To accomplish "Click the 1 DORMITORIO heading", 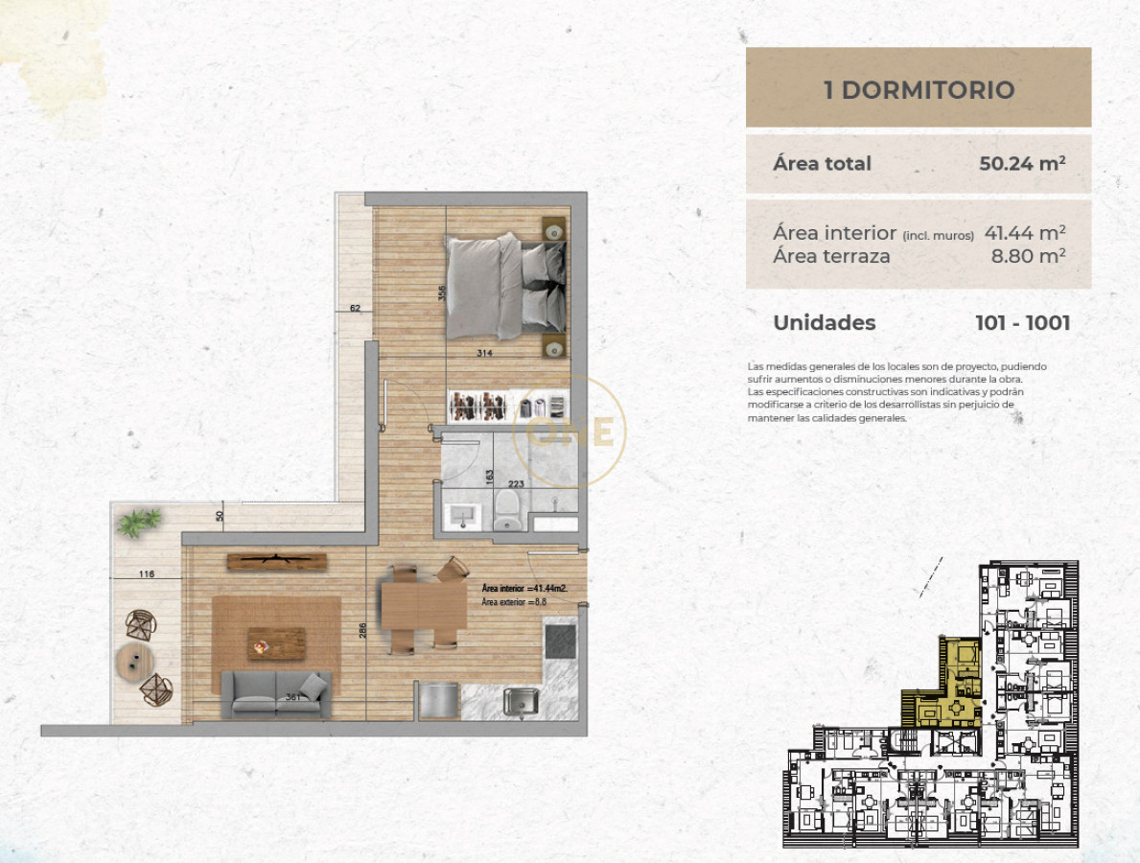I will (919, 90).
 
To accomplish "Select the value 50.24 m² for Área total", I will (1022, 163).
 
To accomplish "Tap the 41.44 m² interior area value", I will (1025, 232).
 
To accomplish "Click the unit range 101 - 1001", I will (1022, 323).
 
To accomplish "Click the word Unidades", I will (824, 323).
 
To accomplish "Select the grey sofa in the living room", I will (276, 693).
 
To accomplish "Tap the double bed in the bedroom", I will (506, 287).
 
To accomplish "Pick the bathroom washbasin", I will (463, 516).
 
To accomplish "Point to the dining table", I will (423, 605).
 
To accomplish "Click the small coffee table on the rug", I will (276, 642).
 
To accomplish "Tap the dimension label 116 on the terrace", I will (146, 574).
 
